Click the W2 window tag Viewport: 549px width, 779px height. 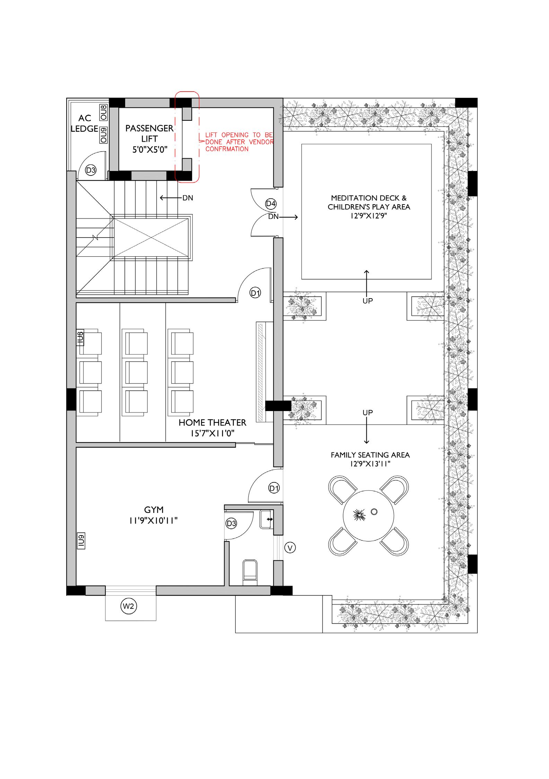pos(128,607)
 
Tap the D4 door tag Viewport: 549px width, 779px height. pos(271,204)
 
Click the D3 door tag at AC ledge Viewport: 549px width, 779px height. pos(91,170)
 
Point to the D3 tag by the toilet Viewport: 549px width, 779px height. pos(231,523)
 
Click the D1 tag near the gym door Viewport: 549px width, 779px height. pos(274,488)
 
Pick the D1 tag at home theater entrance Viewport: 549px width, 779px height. pos(255,293)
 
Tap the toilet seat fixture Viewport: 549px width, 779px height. pos(250,570)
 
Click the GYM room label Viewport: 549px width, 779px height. pos(154,510)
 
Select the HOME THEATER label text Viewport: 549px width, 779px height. pos(212,422)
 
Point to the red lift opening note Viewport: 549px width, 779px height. pos(239,142)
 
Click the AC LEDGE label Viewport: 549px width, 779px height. pos(85,123)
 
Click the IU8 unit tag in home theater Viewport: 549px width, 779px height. pos(80,338)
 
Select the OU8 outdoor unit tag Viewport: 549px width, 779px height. pos(103,112)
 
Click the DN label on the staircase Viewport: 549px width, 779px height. pos(188,198)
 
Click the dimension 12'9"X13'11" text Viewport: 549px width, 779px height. pos(370,464)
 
